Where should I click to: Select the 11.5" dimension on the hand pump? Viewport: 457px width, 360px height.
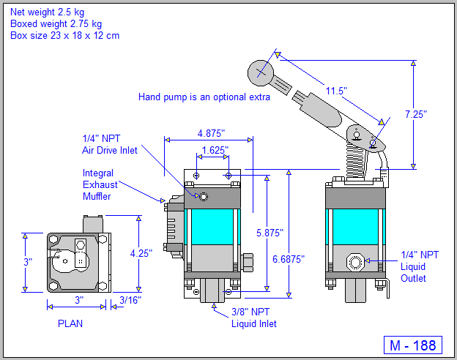(335, 91)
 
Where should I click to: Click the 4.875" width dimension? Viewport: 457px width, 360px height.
(211, 133)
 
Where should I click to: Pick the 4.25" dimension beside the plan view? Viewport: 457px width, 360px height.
(140, 253)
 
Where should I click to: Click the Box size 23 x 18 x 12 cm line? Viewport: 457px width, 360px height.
(64, 35)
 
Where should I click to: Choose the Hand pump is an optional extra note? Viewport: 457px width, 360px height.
(204, 97)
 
